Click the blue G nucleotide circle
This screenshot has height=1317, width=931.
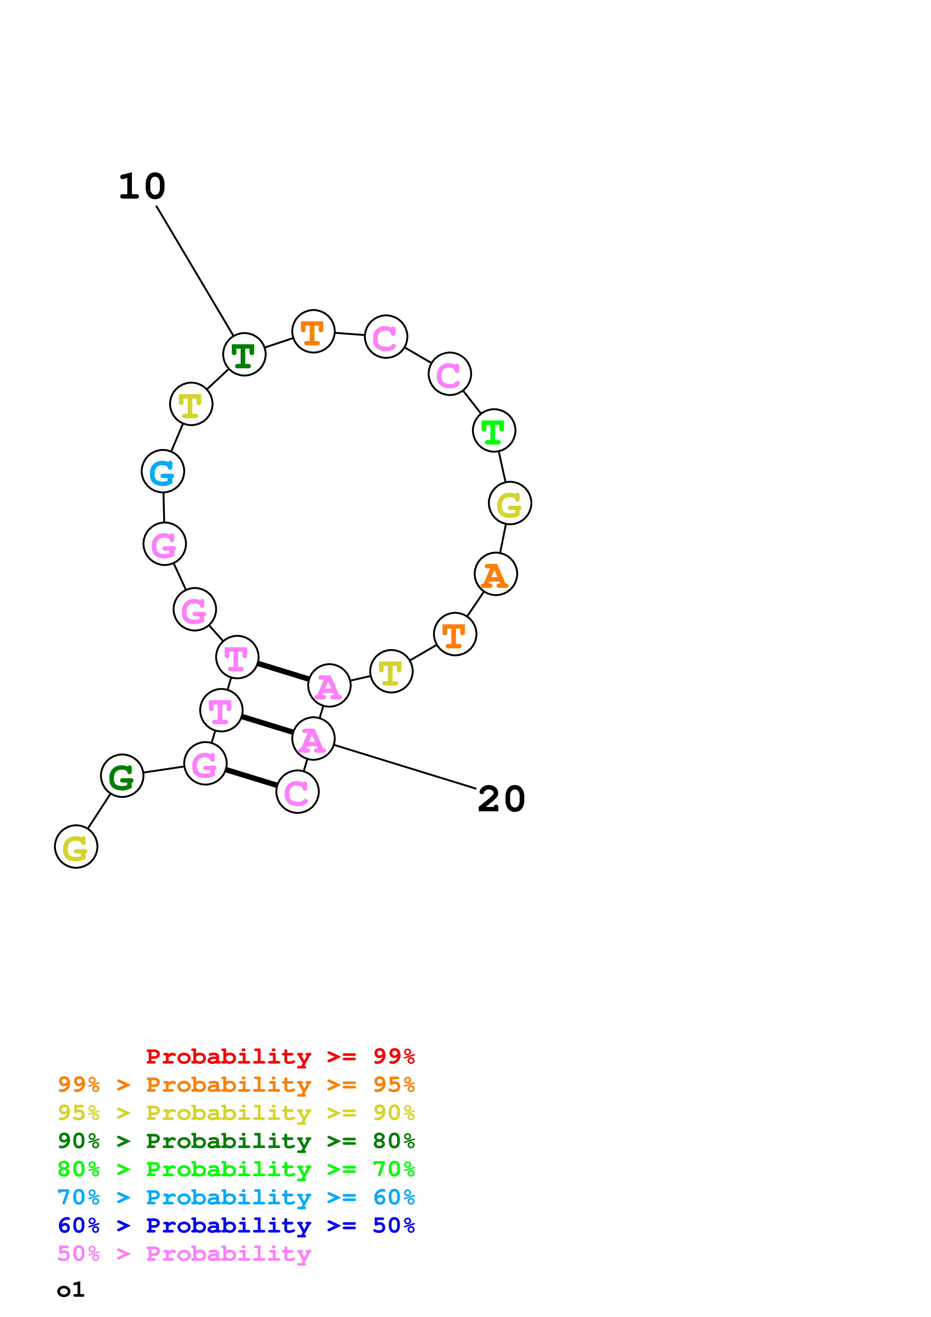163,472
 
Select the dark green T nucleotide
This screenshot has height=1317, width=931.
244,354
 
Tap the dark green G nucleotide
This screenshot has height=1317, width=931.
122,776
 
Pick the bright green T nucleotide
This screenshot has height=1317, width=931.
494,431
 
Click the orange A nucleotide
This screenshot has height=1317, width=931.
496,574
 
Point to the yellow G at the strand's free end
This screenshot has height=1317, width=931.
76,847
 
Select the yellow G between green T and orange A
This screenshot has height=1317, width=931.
510,503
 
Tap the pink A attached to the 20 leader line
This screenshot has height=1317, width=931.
313,739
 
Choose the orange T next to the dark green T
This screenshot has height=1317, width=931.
313,332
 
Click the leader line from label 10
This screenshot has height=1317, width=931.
195,271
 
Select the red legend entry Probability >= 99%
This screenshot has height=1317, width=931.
280,1056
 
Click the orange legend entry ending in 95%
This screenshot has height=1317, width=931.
236,1085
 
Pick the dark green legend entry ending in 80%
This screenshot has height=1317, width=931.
236,1141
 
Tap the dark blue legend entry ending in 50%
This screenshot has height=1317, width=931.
236,1225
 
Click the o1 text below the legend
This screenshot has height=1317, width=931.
71,1290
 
